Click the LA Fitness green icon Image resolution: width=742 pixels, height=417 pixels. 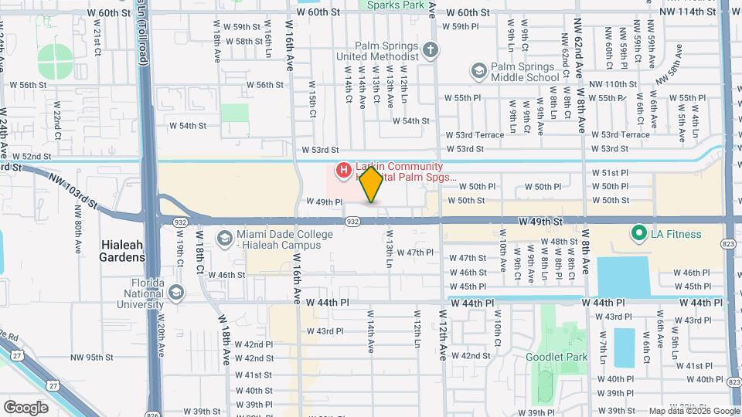point(638,233)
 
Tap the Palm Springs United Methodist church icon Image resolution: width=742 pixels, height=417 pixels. point(431,51)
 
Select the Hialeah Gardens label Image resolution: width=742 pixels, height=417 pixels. point(123,249)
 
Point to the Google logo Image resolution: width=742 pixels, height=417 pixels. point(26,407)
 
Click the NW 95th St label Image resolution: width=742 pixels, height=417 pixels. point(92,358)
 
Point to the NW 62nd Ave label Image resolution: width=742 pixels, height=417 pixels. point(578,54)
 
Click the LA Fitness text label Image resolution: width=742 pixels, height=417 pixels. point(676,234)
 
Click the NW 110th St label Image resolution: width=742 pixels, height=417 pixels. point(612,84)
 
